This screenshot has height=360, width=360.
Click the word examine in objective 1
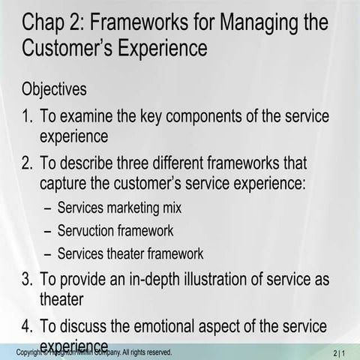click(89, 117)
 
